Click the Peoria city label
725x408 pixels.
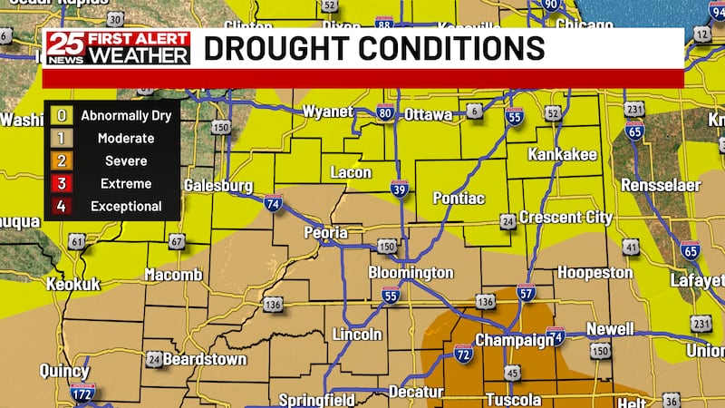click(325, 233)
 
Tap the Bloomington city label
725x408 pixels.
click(411, 273)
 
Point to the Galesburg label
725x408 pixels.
click(217, 185)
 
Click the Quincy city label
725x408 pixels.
click(64, 372)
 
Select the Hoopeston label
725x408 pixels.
click(594, 272)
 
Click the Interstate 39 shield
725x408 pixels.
click(400, 189)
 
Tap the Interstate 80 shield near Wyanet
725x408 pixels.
click(385, 114)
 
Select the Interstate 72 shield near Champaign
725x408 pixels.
click(462, 351)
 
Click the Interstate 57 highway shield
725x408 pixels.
click(526, 292)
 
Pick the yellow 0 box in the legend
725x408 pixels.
click(62, 116)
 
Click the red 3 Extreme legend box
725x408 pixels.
click(62, 183)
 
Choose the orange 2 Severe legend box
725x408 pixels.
click(62, 161)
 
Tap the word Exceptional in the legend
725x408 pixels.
click(126, 207)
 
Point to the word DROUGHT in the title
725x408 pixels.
click(271, 48)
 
